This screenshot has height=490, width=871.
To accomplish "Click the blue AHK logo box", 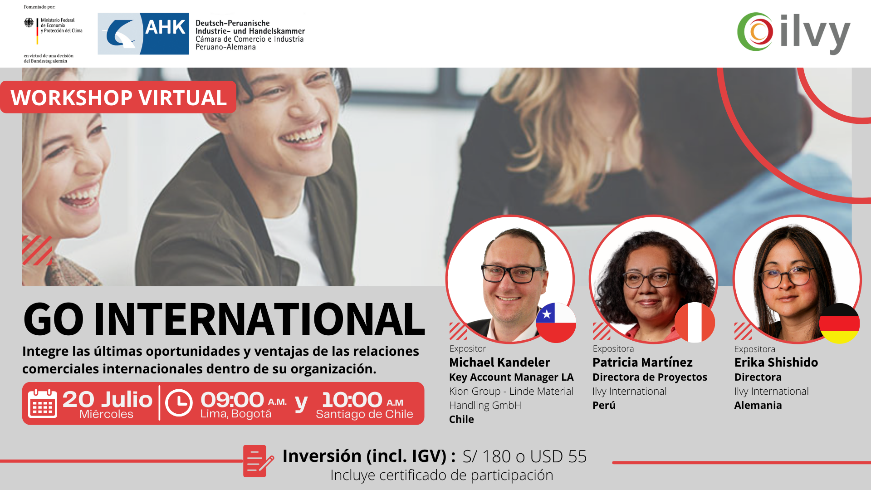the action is pyautogui.click(x=143, y=34).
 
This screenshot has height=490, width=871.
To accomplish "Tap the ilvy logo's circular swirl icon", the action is pyautogui.click(x=755, y=31).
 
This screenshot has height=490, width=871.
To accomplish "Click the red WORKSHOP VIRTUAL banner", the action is pyautogui.click(x=118, y=97).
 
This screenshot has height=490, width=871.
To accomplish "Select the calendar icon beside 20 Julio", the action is pyautogui.click(x=42, y=403).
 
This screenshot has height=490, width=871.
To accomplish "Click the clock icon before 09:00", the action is pyautogui.click(x=179, y=403).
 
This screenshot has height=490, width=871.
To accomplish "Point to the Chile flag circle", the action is pyautogui.click(x=556, y=323).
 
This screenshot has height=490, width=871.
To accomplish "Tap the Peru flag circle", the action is pyautogui.click(x=695, y=322).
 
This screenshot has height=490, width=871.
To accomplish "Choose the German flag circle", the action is pyautogui.click(x=840, y=323).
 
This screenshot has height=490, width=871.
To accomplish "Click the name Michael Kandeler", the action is pyautogui.click(x=499, y=362).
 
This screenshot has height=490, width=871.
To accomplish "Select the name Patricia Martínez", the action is pyautogui.click(x=642, y=362).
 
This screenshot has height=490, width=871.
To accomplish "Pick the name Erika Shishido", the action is pyautogui.click(x=776, y=362).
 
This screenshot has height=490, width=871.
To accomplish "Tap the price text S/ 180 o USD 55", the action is pyautogui.click(x=524, y=456).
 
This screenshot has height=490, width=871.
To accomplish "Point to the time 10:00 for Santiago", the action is pyautogui.click(x=352, y=400).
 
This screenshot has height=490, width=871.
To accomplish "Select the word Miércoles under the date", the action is pyautogui.click(x=106, y=414).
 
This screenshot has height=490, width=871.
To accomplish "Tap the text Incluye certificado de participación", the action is pyautogui.click(x=442, y=475).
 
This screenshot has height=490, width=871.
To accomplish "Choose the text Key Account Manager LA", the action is pyautogui.click(x=511, y=377).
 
